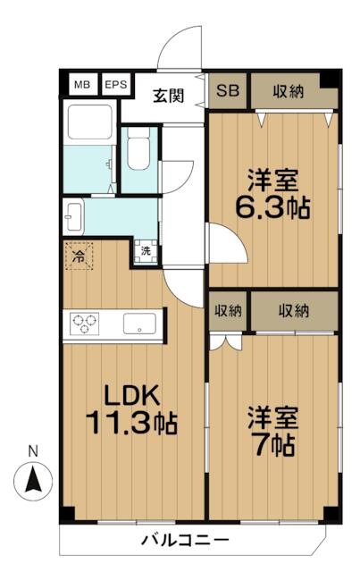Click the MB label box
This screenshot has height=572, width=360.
[82, 85]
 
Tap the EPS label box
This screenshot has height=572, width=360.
[115, 85]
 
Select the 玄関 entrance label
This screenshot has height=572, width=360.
[167, 96]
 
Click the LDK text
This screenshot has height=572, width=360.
[133, 395]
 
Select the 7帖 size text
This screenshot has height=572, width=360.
[272, 442]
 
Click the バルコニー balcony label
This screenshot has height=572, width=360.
[185, 540]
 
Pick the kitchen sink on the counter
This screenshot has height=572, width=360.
[139, 324]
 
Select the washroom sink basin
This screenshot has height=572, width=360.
[73, 214]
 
